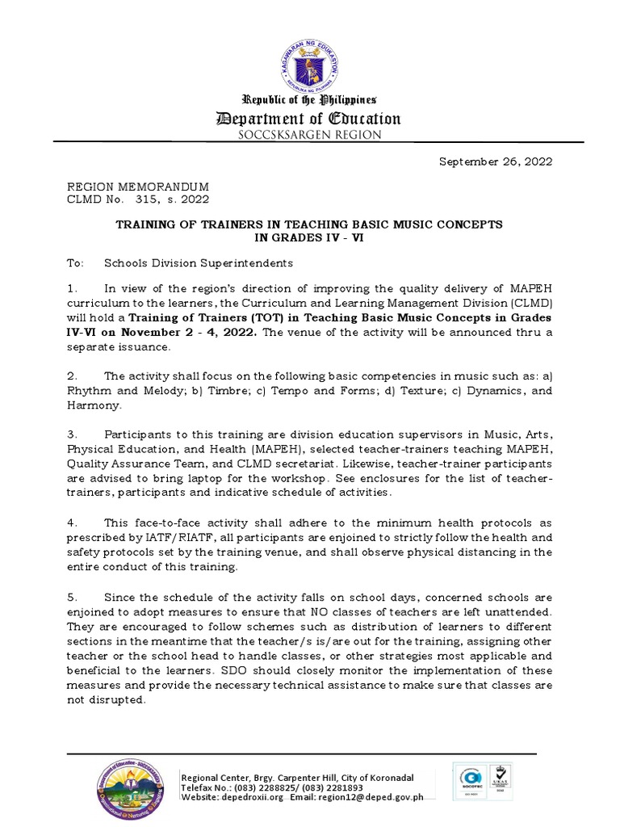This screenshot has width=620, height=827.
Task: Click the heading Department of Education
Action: pyautogui.click(x=309, y=119)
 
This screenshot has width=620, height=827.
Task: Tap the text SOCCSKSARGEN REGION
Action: pyautogui.click(x=309, y=135)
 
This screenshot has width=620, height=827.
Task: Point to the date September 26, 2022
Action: pyautogui.click(x=495, y=162)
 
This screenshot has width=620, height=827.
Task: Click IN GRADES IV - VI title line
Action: pyautogui.click(x=309, y=237)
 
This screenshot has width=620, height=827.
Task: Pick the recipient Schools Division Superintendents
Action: pyautogui.click(x=199, y=263)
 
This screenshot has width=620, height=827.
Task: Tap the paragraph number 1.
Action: pyautogui.click(x=71, y=288)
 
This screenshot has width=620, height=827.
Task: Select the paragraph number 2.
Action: pyautogui.click(x=71, y=376)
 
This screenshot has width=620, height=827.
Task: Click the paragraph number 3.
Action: pyautogui.click(x=71, y=435)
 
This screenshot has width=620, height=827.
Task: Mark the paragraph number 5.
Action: pyautogui.click(x=71, y=596)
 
